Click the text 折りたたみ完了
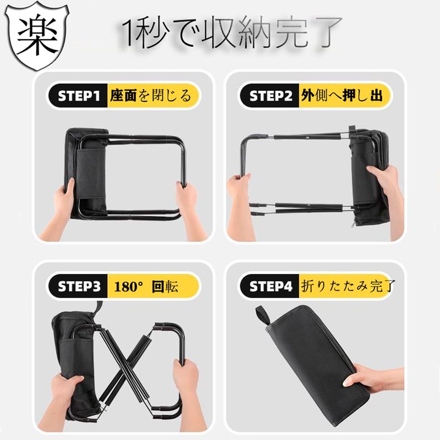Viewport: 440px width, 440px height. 348,287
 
